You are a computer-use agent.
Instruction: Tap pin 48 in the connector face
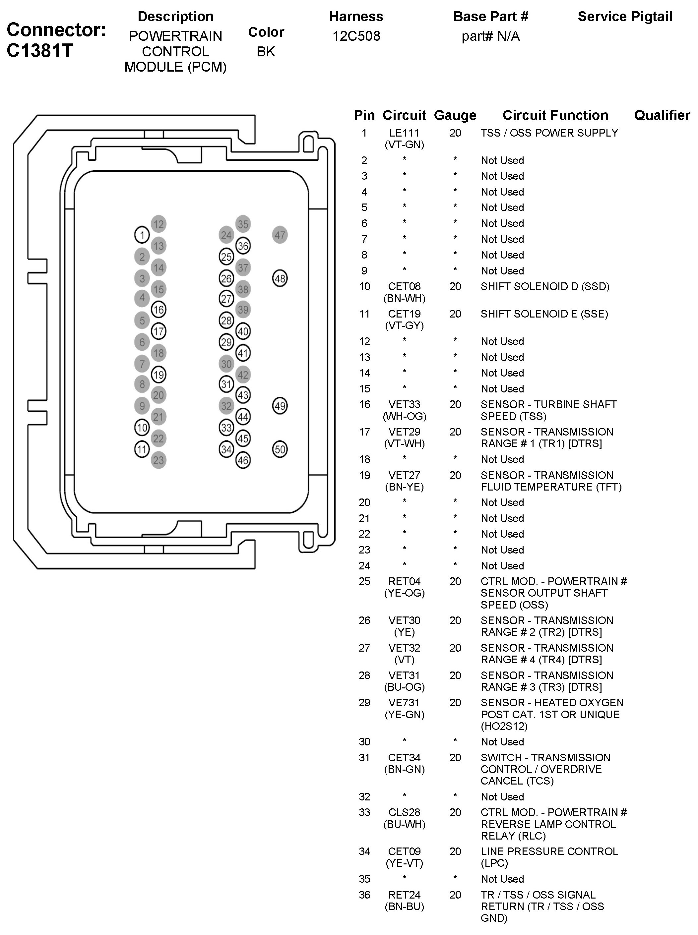click(280, 278)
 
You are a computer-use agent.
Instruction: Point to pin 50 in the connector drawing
click(280, 449)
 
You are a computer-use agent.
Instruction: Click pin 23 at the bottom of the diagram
click(159, 460)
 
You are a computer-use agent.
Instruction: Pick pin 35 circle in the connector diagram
click(243, 224)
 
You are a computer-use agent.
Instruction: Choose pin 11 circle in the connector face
click(142, 449)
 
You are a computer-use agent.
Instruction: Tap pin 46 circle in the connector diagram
click(243, 460)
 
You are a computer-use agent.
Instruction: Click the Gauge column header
click(455, 115)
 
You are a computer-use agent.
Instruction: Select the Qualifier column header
click(662, 115)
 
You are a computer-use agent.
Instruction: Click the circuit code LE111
click(404, 133)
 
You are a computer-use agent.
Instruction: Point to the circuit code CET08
click(404, 286)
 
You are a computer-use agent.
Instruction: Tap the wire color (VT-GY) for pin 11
click(404, 325)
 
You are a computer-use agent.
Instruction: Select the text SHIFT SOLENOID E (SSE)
click(544, 314)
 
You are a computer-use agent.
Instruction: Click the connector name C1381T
click(40, 51)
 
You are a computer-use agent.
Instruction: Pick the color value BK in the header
click(266, 51)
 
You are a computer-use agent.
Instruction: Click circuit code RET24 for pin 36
click(404, 895)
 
